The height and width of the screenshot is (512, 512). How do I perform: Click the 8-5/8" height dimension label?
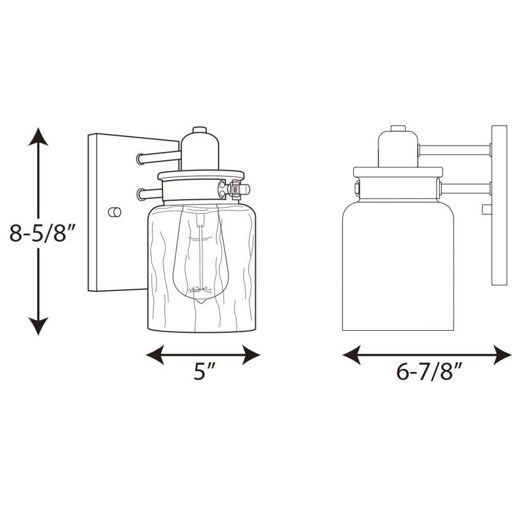[x=42, y=232]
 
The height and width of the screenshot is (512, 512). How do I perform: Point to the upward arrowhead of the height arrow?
[x=38, y=137]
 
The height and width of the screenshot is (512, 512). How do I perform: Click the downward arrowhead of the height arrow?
[x=38, y=326]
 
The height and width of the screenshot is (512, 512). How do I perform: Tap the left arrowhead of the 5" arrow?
[x=155, y=355]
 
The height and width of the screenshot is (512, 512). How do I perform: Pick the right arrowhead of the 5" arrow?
[x=251, y=355]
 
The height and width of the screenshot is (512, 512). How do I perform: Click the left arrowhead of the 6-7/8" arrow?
[x=351, y=355]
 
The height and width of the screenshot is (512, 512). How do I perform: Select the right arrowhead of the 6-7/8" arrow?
[x=502, y=355]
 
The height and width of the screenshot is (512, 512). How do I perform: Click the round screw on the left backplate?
[x=115, y=212]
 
